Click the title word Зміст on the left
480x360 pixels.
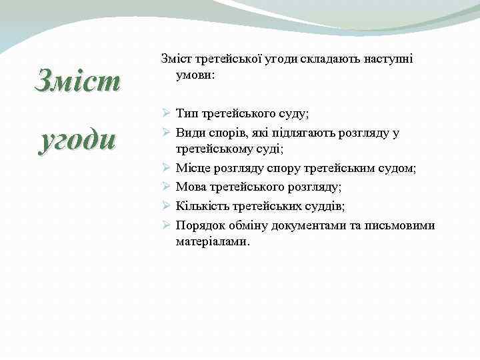[78, 83]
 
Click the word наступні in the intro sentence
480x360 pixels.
[389, 59]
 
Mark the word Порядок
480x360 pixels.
[199, 225]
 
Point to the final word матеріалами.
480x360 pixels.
[213, 242]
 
